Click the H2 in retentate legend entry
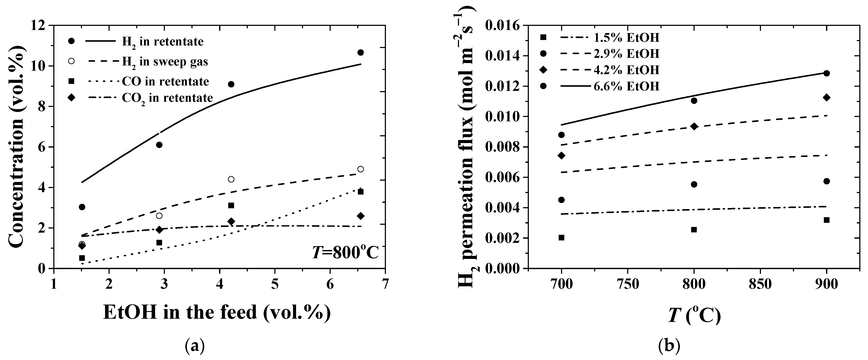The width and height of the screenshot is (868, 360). click(x=163, y=42)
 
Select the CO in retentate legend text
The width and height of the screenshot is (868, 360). click(x=166, y=82)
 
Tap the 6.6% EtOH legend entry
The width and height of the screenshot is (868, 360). click(x=643, y=87)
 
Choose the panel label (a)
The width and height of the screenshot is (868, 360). click(x=195, y=346)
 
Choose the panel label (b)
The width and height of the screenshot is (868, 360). click(x=669, y=346)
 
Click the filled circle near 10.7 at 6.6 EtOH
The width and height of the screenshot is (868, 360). click(x=360, y=53)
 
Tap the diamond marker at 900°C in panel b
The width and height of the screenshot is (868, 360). click(x=826, y=98)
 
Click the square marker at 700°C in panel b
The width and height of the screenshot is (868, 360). click(x=561, y=238)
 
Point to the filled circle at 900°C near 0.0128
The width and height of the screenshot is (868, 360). click(x=826, y=73)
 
